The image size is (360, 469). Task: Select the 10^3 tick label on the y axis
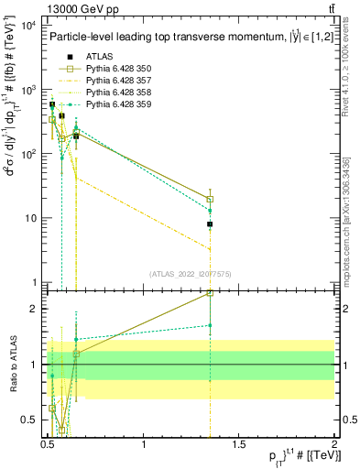coord(27,90)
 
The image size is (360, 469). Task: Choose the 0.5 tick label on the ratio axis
coord(29,420)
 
